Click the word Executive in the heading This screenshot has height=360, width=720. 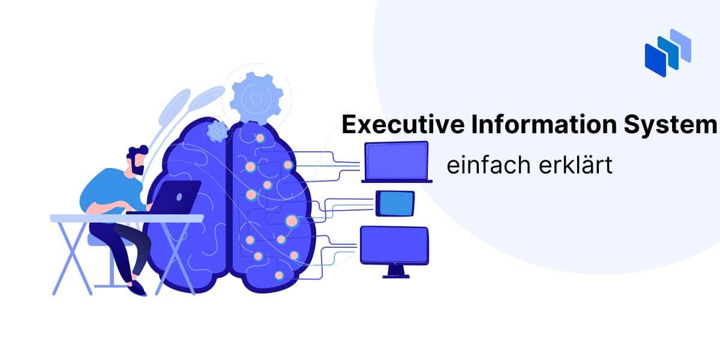tap(403, 124)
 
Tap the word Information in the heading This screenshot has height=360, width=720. tap(544, 124)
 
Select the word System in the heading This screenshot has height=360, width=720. tap(671, 125)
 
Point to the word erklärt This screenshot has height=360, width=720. tap(575, 165)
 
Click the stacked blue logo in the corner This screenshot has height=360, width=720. tap(668, 53)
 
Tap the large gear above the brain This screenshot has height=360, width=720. tap(257, 98)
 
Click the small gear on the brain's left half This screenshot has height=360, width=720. tap(218, 131)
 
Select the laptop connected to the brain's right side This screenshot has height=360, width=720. tap(397, 162)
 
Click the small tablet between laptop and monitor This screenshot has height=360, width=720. tap(395, 203)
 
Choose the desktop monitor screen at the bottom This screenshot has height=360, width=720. tap(394, 245)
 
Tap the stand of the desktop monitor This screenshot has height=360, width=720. tap(396, 271)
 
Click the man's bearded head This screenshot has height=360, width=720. tap(137, 160)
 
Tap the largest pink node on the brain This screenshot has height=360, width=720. tap(292, 221)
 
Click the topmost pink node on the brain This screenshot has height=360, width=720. tap(260, 138)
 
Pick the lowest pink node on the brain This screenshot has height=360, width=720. tap(279, 275)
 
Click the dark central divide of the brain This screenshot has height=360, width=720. tap(229, 206)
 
